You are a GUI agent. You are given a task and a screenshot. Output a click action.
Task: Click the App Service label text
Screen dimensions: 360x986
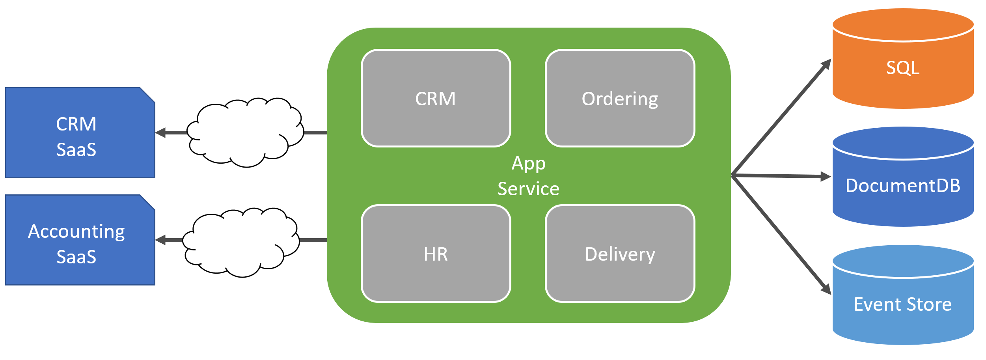[528, 176]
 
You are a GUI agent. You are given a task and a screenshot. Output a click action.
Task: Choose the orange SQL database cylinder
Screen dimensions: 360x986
[903, 75]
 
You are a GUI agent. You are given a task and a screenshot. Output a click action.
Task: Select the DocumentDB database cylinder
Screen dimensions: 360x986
[903, 193]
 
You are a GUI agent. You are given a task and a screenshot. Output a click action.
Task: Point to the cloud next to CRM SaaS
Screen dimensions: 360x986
[244, 132]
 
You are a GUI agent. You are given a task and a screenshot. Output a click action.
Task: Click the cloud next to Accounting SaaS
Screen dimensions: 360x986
[240, 242]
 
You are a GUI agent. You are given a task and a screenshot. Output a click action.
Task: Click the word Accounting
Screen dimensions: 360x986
[76, 231]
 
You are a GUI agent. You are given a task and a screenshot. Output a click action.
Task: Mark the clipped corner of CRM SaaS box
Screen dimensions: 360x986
[148, 95]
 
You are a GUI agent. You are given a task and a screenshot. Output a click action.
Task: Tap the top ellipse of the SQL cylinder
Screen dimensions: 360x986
[903, 24]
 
